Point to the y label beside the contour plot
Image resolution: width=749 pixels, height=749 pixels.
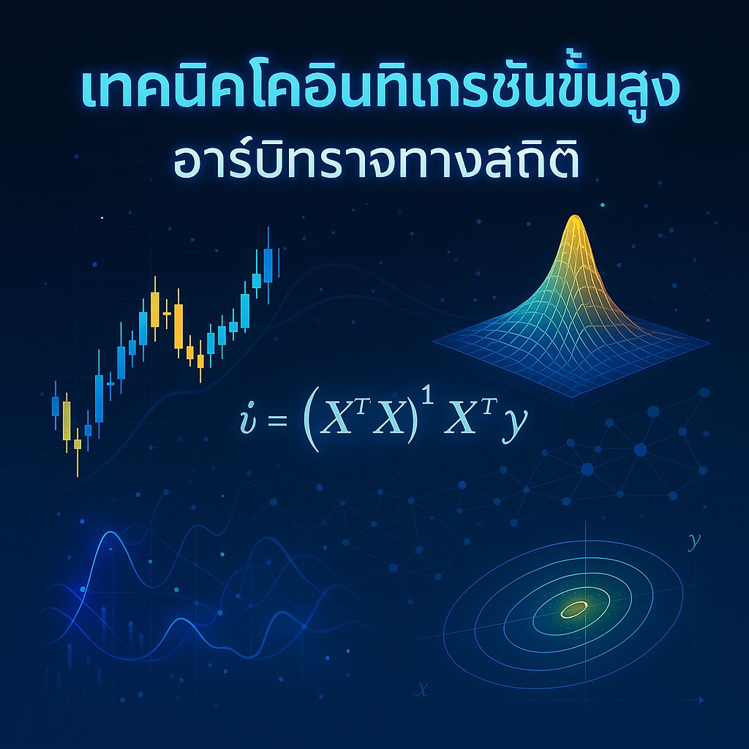point(693,542)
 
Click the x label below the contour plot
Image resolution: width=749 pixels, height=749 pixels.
point(421,688)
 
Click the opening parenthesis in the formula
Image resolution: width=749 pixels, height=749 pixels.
point(310,422)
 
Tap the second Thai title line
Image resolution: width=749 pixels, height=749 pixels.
point(374,164)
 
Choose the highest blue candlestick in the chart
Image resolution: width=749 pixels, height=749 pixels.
point(268,265)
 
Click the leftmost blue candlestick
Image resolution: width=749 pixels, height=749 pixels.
point(55,407)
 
